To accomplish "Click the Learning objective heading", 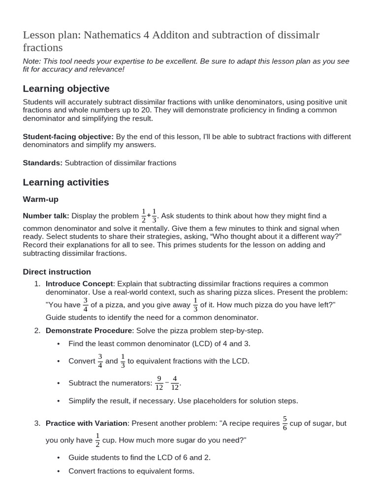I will click(x=66, y=89).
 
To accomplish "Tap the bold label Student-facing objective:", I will click(x=68, y=136).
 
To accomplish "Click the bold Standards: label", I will click(x=43, y=162).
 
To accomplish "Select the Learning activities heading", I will click(x=66, y=182).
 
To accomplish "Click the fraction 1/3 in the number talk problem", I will click(x=154, y=216).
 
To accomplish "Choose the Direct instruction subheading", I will click(x=57, y=272).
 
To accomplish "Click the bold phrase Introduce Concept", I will click(x=79, y=283).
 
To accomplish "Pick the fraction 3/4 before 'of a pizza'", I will click(x=85, y=305).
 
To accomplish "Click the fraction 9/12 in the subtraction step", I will click(x=159, y=382).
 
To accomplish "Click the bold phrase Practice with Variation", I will click(x=86, y=423).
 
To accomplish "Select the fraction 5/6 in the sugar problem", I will click(x=284, y=423).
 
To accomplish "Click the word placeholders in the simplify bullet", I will click(x=219, y=401).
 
